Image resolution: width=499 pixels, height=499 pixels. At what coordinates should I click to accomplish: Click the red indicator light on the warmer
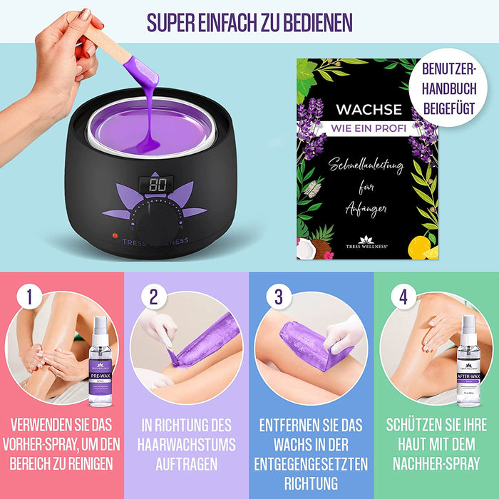click(x=114, y=235)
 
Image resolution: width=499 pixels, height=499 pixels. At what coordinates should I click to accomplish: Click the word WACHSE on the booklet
click(x=369, y=110)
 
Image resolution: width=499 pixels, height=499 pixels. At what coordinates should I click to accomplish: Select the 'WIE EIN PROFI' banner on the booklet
click(x=368, y=128)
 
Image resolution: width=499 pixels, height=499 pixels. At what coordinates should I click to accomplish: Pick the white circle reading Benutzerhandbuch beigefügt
click(x=451, y=87)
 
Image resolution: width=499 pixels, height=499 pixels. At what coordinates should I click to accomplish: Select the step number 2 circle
click(x=153, y=297)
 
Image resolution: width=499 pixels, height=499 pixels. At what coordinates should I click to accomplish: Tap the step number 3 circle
click(x=277, y=297)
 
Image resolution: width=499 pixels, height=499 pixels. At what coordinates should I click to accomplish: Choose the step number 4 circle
click(x=403, y=297)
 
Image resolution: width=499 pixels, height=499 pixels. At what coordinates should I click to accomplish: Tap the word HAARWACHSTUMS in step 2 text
click(x=186, y=444)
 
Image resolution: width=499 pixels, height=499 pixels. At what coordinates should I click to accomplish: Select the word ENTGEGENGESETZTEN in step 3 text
click(x=311, y=463)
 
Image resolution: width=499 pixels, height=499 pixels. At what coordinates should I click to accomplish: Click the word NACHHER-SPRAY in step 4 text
click(x=435, y=463)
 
